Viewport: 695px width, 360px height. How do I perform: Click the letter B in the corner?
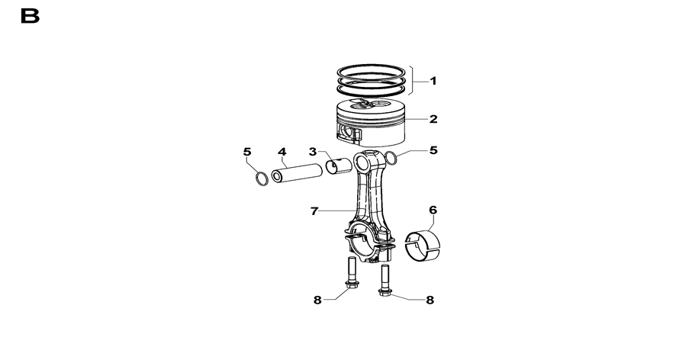[31, 16]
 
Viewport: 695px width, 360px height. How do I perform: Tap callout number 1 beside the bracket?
[433, 81]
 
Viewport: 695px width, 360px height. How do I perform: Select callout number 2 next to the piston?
[433, 119]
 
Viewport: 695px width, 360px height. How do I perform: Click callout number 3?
[313, 152]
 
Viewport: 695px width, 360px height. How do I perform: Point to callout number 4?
[282, 152]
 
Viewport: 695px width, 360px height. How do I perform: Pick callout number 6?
[433, 210]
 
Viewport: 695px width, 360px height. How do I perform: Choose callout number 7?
[314, 211]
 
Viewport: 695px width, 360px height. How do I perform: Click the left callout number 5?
[247, 152]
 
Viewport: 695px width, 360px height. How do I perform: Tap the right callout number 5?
[433, 150]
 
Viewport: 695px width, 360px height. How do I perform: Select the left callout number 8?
[317, 301]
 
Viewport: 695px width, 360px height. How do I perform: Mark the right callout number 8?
[430, 301]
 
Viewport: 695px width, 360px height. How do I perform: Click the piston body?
[371, 123]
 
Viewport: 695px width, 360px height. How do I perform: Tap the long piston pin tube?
[297, 172]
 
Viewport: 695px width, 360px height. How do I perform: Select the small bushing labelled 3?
[338, 166]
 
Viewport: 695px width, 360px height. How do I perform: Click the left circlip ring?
[262, 178]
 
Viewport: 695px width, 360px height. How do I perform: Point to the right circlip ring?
[391, 159]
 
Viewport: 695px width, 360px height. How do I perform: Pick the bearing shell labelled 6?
[423, 246]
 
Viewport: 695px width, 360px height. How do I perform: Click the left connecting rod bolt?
[352, 273]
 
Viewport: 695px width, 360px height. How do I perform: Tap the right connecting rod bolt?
[385, 280]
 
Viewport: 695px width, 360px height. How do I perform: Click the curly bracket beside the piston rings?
[413, 80]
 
